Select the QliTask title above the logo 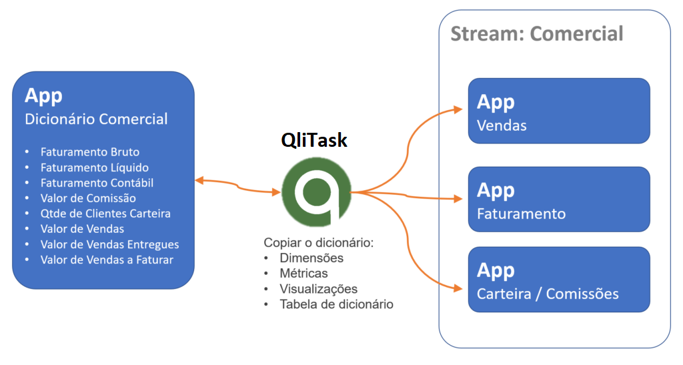click(314, 140)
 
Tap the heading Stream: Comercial click(537, 34)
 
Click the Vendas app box click(558, 111)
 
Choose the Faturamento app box click(558, 199)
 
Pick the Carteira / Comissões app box click(558, 280)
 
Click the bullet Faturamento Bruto click(89, 152)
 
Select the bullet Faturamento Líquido click(94, 167)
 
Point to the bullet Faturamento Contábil click(97, 183)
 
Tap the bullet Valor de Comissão click(88, 198)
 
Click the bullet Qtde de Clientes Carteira click(105, 214)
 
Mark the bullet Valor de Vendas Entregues click(109, 244)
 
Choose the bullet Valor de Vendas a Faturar click(107, 260)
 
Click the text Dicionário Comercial click(96, 119)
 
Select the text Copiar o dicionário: click(318, 242)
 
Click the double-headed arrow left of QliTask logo click(237, 186)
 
